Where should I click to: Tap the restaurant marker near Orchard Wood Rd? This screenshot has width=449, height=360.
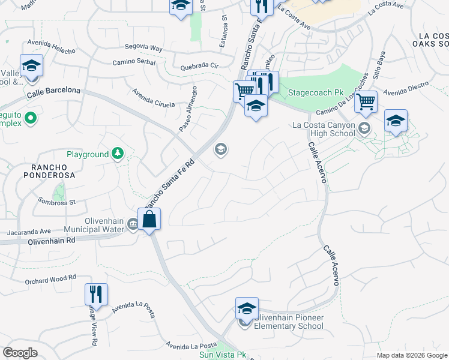point(96,295)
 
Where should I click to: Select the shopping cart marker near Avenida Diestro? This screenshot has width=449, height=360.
point(366,102)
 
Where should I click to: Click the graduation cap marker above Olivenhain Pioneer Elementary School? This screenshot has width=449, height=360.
point(246,308)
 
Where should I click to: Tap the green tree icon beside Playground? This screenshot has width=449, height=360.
point(118,154)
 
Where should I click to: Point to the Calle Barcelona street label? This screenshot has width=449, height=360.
point(53,90)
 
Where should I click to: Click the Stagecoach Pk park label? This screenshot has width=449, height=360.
point(315,93)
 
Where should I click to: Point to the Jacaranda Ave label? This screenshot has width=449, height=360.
point(29,231)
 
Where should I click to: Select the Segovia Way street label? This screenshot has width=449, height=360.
point(143,47)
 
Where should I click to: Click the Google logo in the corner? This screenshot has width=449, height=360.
point(20,353)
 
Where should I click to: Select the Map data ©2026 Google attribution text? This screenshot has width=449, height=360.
point(411,355)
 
